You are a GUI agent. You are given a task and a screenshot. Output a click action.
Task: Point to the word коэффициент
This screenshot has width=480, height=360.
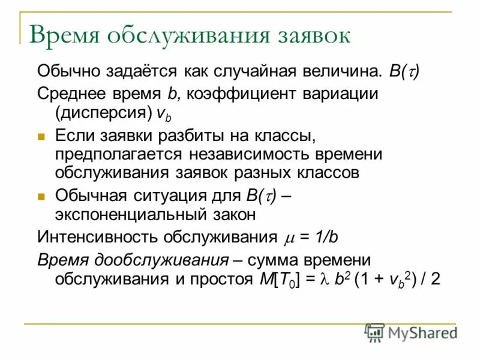[x=235, y=94]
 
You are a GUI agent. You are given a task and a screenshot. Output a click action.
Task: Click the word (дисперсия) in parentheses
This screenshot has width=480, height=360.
[x=103, y=113]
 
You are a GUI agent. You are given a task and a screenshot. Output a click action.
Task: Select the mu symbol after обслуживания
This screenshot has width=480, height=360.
[x=287, y=237]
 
